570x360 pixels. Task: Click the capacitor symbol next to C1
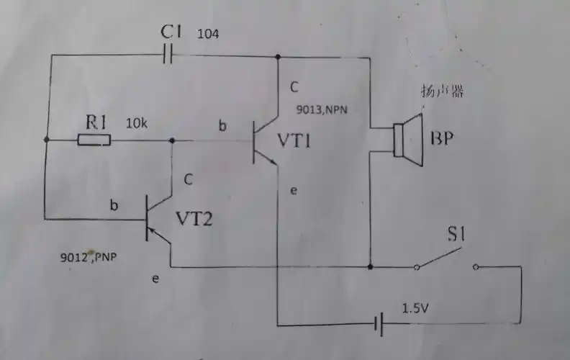click(170, 55)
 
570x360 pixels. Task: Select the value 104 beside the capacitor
click(209, 34)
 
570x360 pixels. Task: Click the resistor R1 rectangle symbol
click(94, 140)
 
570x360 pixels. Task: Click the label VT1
click(294, 141)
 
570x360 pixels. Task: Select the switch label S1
click(458, 235)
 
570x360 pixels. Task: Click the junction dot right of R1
click(172, 140)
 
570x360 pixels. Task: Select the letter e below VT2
click(156, 278)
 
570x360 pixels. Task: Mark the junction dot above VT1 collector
click(278, 56)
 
